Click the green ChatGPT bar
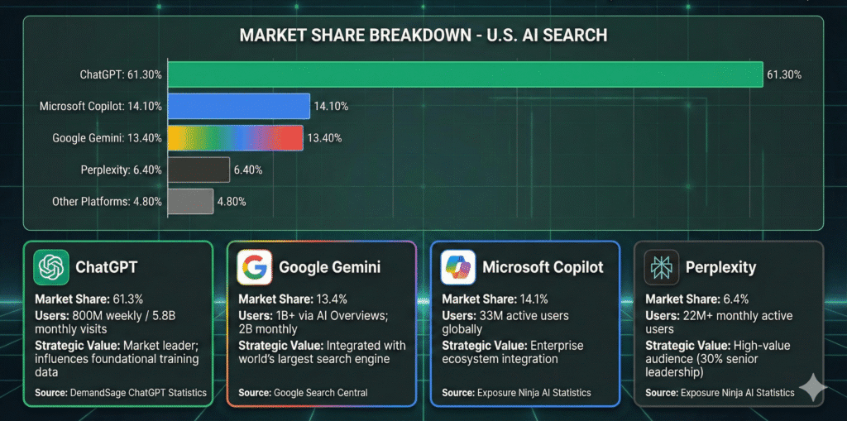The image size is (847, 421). click(465, 74)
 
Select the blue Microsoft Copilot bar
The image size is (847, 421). click(238, 105)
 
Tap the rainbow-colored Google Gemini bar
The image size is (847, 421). click(235, 137)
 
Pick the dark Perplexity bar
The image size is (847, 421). click(199, 170)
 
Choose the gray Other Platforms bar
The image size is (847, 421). click(190, 201)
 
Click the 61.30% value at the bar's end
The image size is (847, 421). click(784, 74)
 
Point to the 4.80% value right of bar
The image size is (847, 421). click(232, 201)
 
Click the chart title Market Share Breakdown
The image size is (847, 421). click(423, 36)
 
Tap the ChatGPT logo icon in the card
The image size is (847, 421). click(51, 267)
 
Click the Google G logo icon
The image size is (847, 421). click(255, 267)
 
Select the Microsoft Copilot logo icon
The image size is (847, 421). click(458, 267)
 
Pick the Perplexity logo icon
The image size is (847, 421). click(662, 267)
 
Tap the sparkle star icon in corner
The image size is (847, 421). click(812, 387)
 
